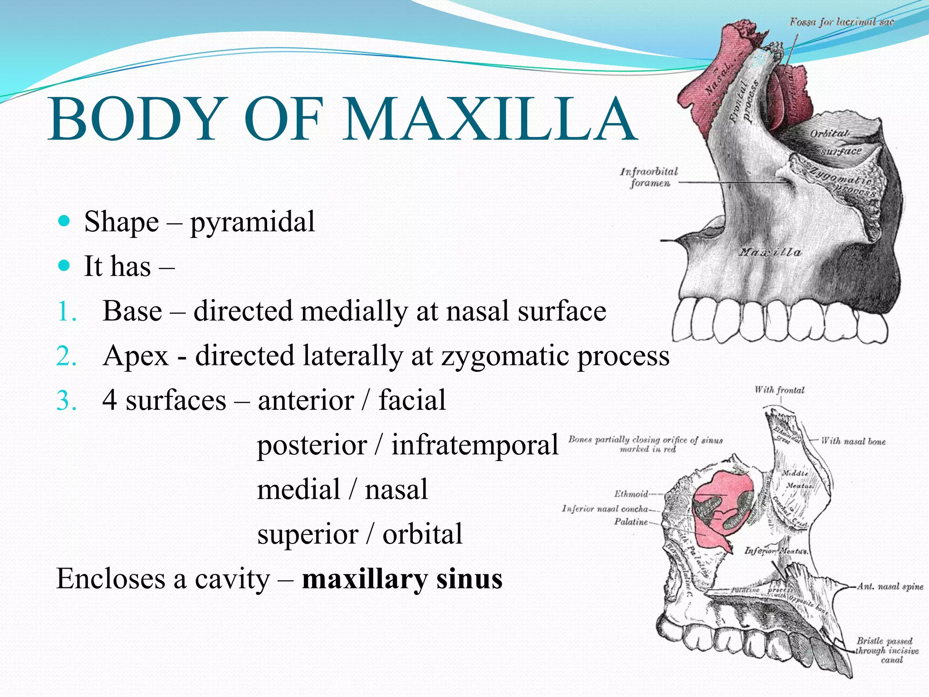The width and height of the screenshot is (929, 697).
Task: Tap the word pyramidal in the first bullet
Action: pos(252,222)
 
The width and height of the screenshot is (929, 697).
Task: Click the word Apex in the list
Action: pos(136,356)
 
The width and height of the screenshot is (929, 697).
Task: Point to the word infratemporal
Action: pos(474,445)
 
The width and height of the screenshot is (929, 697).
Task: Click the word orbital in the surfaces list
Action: pos(422,534)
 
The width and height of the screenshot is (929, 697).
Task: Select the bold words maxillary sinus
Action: pos(402,579)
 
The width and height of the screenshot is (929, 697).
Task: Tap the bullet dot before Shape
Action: pos(65,221)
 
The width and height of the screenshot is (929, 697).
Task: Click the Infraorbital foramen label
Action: pos(649,177)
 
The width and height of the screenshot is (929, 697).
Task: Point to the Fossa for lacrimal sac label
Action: pos(841,22)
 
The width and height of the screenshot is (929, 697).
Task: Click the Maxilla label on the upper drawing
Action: pos(770,252)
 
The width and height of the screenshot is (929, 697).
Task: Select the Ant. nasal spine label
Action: pos(890,586)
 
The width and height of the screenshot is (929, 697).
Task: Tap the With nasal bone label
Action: pos(853,441)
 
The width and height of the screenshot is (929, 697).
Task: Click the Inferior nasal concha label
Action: pos(605,509)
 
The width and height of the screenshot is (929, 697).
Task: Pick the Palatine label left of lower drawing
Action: pos(631,522)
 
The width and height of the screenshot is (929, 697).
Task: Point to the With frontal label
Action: pos(779,390)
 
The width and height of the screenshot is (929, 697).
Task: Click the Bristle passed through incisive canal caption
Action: pos(886,650)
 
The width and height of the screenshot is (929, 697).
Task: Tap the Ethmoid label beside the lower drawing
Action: pos(631,494)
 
